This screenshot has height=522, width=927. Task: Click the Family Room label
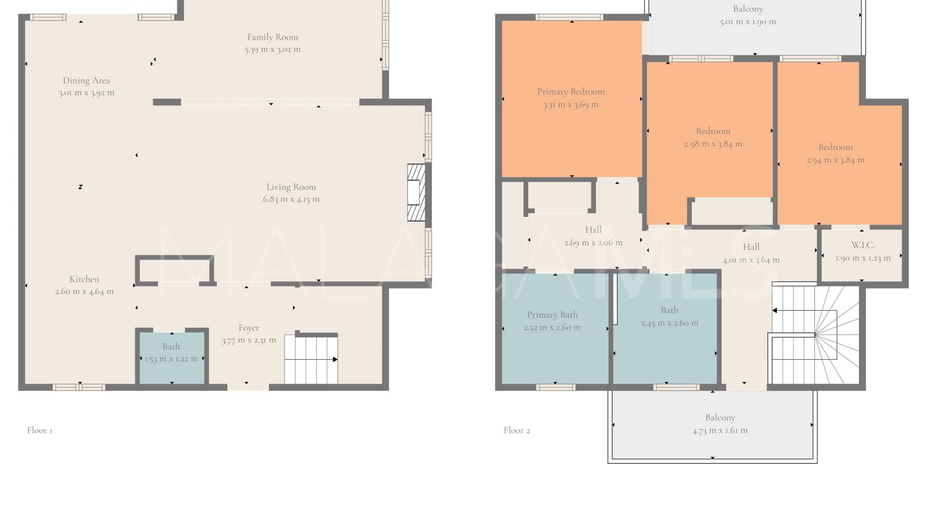click(272, 37)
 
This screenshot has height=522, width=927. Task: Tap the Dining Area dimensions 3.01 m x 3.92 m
click(86, 93)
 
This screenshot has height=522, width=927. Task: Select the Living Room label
click(291, 187)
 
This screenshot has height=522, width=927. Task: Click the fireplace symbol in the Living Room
click(416, 192)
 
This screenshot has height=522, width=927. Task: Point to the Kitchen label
click(84, 279)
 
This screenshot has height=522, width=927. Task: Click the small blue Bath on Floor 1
click(171, 358)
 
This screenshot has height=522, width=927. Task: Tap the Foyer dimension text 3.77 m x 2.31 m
click(249, 340)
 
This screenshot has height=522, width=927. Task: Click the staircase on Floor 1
click(311, 360)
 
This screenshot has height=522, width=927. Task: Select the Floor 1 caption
click(40, 430)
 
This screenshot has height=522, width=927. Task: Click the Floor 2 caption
click(517, 430)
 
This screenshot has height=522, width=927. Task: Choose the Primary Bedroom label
click(571, 92)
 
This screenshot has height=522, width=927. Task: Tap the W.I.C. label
click(863, 246)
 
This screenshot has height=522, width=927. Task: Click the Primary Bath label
click(552, 315)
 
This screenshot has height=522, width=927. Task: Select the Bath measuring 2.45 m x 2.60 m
click(665, 329)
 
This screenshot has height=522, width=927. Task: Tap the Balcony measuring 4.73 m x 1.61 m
click(713, 424)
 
